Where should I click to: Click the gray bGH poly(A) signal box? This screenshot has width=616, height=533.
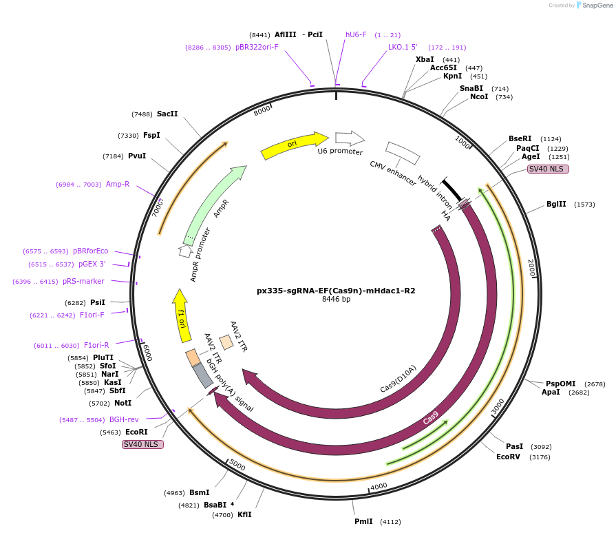pos(202,375)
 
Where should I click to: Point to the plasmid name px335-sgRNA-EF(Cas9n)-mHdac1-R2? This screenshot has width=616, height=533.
pos(336,291)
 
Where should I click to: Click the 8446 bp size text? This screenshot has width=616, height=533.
pos(336,300)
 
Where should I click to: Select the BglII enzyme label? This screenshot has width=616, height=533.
pos(556,205)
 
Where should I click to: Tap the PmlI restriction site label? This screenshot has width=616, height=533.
pos(363,521)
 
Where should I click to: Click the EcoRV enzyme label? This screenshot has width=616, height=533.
pos(509,457)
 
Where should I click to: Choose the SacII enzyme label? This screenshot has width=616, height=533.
pos(167,114)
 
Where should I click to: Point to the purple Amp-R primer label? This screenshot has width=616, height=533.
pos(118,184)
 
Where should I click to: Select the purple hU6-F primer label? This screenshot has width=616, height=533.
pos(356,34)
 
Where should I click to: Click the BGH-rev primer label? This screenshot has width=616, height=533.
pos(124,419)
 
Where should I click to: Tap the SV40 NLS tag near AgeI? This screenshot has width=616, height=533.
pos(548,169)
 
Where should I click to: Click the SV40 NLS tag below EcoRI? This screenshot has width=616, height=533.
pos(142,444)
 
